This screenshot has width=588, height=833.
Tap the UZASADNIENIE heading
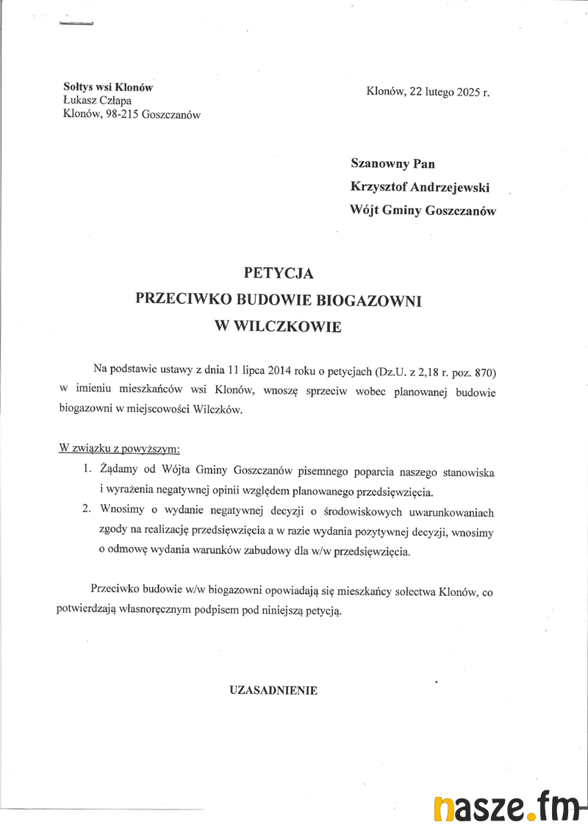[x=273, y=690]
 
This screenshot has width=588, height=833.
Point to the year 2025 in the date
[x=468, y=92]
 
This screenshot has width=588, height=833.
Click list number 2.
[x=86, y=509]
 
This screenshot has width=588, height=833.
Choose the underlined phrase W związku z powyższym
[x=118, y=448]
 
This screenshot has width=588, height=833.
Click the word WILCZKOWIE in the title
[x=287, y=327]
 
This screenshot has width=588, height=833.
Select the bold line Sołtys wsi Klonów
[x=108, y=87]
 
